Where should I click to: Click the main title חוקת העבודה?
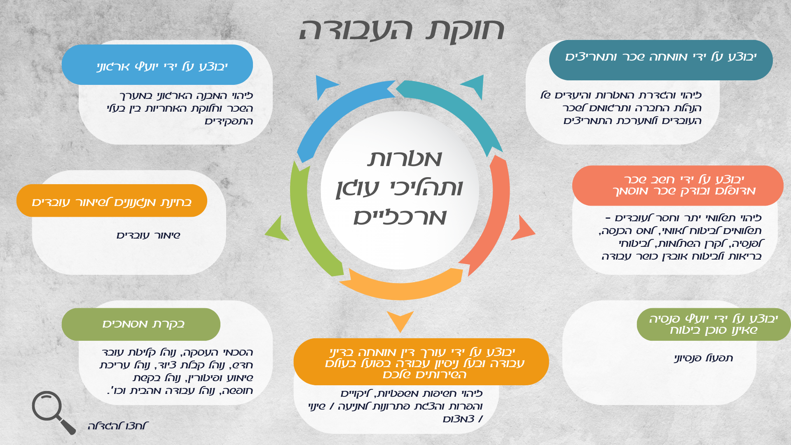pyautogui.click(x=402, y=30)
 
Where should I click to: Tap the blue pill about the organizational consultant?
pyautogui.click(x=157, y=65)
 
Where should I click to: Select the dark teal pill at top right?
pyautogui.click(x=661, y=60)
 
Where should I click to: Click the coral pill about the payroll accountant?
pyautogui.click(x=678, y=185)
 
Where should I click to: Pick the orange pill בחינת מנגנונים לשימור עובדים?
pyautogui.click(x=112, y=201)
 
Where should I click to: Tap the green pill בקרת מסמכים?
pyautogui.click(x=141, y=324)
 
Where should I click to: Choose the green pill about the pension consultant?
pyautogui.click(x=714, y=324)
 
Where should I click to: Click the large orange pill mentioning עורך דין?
pyautogui.click(x=421, y=362)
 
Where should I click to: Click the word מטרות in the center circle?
pyautogui.click(x=405, y=159)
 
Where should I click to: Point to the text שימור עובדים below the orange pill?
pyautogui.click(x=148, y=236)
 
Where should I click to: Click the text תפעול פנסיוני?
pyautogui.click(x=703, y=358)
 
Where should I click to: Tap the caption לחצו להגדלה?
pyautogui.click(x=118, y=426)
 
